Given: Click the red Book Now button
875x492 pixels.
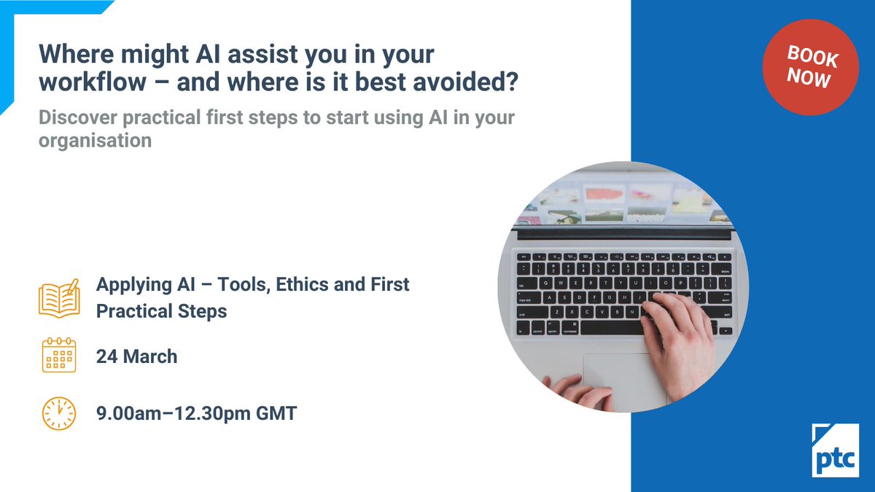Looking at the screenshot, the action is pos(810,67).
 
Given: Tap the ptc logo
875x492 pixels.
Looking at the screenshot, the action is pos(835,450).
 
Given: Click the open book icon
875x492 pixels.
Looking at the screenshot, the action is pos(59,298).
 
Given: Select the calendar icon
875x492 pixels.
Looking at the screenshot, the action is pos(59,355).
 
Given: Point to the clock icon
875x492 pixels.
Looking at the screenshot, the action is pos(58,413).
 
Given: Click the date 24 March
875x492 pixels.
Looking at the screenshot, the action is pos(137,356).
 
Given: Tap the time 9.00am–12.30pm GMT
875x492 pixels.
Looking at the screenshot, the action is pos(196,413).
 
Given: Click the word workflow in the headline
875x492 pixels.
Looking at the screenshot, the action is pos(93,82).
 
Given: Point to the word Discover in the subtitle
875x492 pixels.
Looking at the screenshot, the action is pos(78,117).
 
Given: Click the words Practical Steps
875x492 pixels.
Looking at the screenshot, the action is pos(161,312).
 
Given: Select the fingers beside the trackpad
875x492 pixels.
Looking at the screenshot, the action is pos(579,392).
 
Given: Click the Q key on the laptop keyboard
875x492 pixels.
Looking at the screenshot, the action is pos(545,284).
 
